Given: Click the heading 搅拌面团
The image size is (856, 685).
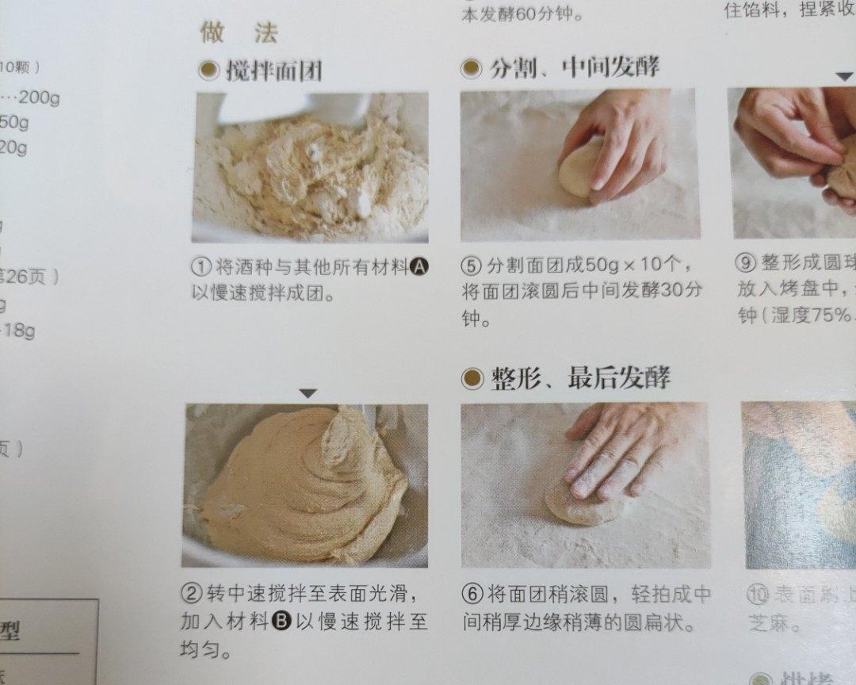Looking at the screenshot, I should tap(273, 71).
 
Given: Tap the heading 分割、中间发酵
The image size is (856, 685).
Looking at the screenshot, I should tap(574, 67).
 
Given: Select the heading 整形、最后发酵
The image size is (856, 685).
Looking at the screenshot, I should tap(579, 378).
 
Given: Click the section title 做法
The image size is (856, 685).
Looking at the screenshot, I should tap(239, 33).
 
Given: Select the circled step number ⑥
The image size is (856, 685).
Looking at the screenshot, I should tap(472, 594).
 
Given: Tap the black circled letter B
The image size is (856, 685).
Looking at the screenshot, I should tap(281, 622).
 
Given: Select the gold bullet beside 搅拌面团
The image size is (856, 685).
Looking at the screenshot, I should tap(208, 71).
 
